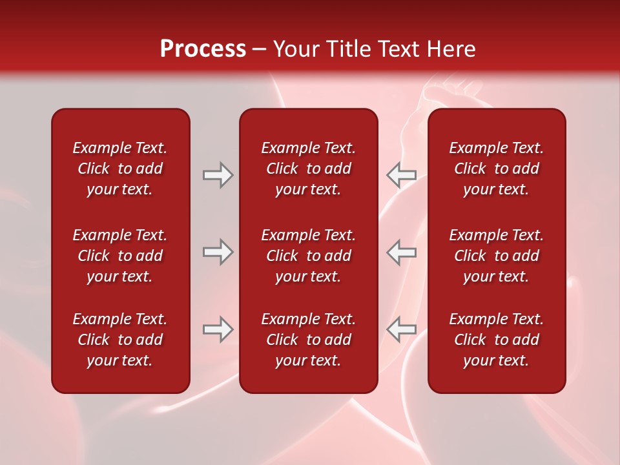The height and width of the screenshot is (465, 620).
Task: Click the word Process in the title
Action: [203, 49]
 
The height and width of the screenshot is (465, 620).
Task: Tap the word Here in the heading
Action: [451, 49]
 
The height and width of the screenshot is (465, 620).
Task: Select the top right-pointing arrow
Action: [218, 175]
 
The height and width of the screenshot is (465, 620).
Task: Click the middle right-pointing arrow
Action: [218, 252]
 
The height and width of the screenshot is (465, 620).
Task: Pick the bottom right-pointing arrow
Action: [218, 329]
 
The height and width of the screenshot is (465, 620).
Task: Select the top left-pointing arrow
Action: [402, 175]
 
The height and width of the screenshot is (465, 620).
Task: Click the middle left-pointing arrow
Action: [402, 252]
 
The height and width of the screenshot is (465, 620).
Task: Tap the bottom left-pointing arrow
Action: [402, 329]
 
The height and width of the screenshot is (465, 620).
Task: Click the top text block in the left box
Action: [120, 169]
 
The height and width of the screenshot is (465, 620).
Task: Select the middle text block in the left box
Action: [120, 256]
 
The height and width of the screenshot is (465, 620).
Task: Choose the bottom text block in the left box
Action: [120, 340]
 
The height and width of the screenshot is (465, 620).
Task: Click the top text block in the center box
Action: [308, 169]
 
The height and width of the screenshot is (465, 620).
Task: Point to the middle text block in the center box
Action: [308, 256]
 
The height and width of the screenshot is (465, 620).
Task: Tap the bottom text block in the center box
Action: [308, 340]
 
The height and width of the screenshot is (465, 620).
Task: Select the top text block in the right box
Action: [496, 169]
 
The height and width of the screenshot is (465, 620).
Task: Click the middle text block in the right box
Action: [496, 256]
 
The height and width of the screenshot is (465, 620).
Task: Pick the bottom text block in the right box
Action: [496, 340]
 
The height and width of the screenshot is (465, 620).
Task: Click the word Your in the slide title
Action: [295, 49]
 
